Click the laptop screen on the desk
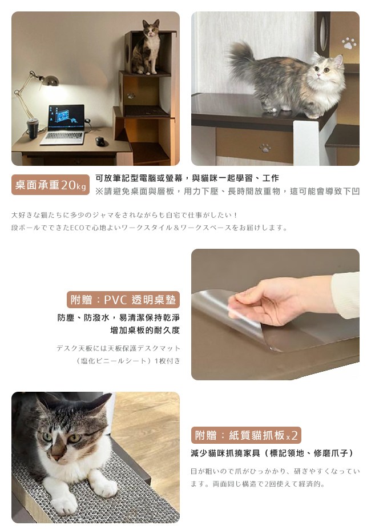(x=66, y=118)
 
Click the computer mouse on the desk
(x=100, y=141)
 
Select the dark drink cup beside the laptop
(x=33, y=128)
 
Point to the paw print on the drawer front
(x=265, y=148)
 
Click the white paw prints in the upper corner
(x=349, y=43)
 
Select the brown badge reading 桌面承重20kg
(x=50, y=185)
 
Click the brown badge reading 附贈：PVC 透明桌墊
(x=123, y=300)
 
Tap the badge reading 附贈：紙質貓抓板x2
(x=246, y=435)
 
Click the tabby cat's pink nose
(x=57, y=457)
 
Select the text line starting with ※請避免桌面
(x=228, y=191)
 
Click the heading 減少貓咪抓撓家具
(x=225, y=453)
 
